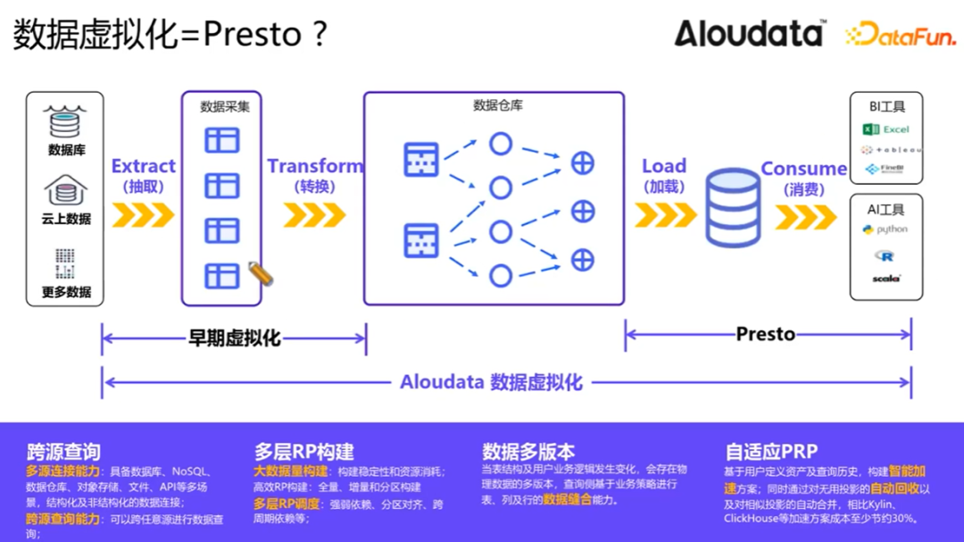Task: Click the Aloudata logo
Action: [750, 33]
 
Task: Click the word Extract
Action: [143, 166]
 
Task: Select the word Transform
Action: [315, 166]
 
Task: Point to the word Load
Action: [663, 166]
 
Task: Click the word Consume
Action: [803, 169]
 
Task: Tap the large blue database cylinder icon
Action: [732, 208]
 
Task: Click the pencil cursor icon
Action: [260, 273]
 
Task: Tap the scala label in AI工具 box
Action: [886, 279]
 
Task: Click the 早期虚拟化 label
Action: [234, 338]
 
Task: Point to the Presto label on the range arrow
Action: [765, 335]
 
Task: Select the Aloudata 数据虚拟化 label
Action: [491, 383]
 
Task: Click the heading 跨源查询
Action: [63, 452]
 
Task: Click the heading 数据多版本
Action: [528, 452]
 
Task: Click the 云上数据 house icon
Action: [65, 190]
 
